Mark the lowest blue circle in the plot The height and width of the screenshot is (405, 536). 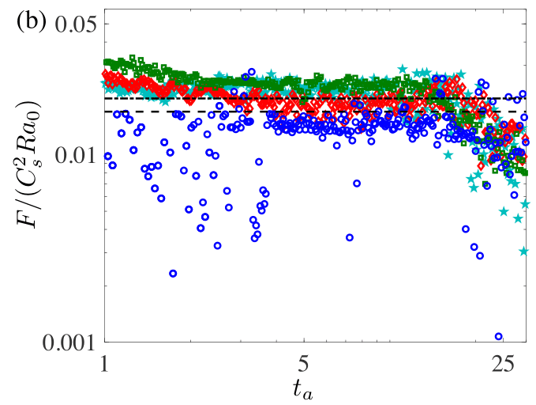pos(498,336)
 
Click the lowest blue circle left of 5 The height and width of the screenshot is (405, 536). pos(173,274)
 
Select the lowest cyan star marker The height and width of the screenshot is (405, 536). pos(523,252)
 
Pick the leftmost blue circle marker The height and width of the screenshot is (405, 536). pos(108,156)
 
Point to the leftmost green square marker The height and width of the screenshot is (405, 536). pos(107,62)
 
